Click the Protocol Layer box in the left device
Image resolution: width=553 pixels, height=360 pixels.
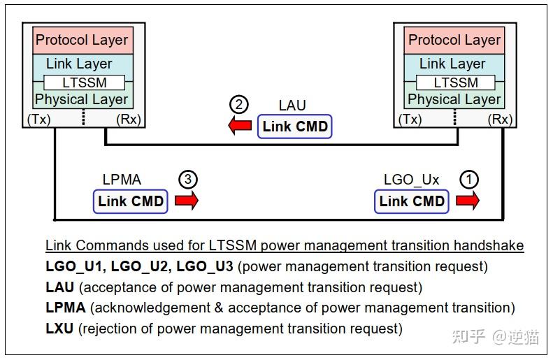(82, 40)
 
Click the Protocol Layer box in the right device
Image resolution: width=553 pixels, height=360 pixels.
(454, 40)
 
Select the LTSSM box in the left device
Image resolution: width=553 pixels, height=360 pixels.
(84, 82)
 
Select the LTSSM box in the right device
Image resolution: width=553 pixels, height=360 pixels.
(457, 82)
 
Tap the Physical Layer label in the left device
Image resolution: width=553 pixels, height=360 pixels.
(82, 99)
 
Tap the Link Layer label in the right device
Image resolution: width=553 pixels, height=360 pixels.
(452, 64)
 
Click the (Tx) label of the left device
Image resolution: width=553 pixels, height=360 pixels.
(38, 120)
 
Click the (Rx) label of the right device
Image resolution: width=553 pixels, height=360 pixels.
(501, 120)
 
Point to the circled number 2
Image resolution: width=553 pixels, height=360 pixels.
(239, 106)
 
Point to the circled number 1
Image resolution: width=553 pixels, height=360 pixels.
(469, 180)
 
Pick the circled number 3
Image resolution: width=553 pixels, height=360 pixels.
(187, 180)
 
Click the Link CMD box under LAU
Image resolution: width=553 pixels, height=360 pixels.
(294, 127)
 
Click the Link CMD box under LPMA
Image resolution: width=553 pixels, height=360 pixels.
(131, 201)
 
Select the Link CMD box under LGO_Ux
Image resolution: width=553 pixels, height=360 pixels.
(412, 201)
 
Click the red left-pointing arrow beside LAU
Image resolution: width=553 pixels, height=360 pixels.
(241, 127)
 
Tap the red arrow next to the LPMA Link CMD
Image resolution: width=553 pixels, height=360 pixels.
(187, 201)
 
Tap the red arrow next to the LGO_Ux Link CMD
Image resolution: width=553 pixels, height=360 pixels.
(468, 201)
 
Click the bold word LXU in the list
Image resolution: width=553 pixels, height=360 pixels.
(59, 328)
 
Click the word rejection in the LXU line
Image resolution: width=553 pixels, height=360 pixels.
(111, 328)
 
